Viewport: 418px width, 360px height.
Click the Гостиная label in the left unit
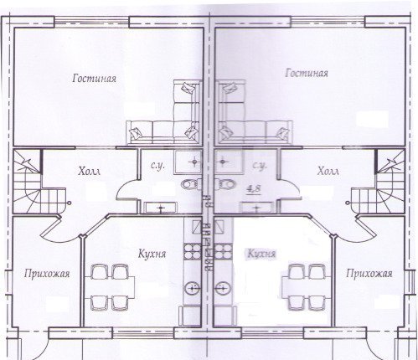94,78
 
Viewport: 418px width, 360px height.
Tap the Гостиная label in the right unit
307,73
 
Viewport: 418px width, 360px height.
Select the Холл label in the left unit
89,171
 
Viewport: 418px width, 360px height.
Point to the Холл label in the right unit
328,171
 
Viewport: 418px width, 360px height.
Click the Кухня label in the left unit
152,254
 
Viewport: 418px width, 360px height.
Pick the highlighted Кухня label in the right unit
261,254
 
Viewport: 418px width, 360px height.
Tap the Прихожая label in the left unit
47,274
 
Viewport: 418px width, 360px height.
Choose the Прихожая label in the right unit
369,274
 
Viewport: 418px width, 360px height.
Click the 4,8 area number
254,189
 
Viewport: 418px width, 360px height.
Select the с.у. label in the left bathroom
157,166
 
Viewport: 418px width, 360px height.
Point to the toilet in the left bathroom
192,184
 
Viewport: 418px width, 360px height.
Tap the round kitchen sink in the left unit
193,288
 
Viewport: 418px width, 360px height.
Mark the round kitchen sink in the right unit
223,288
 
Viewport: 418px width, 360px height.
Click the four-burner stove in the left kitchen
192,252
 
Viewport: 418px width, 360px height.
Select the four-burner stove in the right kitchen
224,252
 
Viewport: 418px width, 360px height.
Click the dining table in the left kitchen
110,288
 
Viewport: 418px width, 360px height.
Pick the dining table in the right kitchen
307,288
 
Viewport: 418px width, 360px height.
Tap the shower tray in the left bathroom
188,162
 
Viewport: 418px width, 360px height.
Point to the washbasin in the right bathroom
256,208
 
